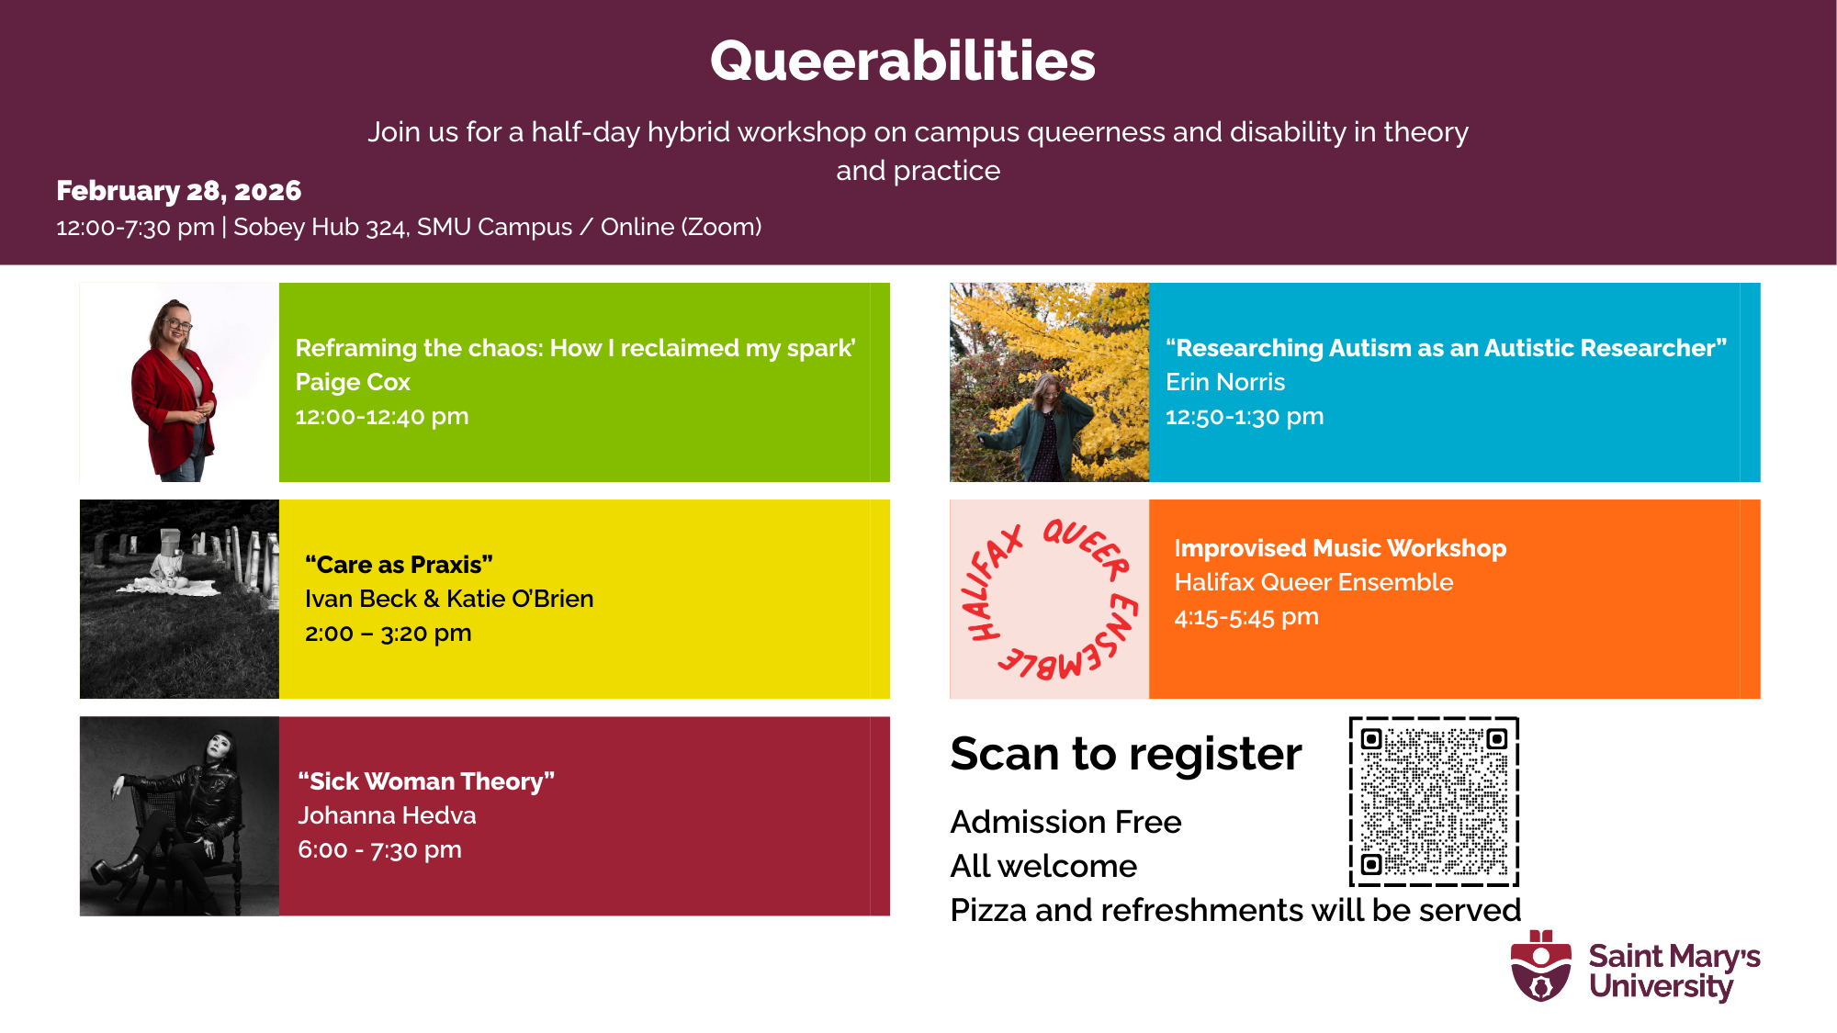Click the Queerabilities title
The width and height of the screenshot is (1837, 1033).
[903, 61]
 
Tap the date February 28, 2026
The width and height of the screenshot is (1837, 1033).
[179, 190]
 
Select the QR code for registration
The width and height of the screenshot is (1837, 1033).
[1434, 802]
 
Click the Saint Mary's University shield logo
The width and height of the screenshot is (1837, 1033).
[1541, 966]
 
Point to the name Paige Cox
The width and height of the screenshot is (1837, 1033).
[353, 382]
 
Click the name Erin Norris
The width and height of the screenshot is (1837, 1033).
[1225, 382]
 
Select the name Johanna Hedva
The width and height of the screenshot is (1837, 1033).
[387, 815]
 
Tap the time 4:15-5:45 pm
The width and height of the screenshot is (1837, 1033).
[1246, 617]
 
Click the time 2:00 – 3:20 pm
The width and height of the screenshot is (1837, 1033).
[389, 634]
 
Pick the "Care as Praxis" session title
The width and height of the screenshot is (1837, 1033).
[399, 565]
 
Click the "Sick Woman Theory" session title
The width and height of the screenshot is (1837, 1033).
[426, 781]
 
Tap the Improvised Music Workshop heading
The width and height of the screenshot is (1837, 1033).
[1340, 548]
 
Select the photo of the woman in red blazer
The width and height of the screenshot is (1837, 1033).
[179, 382]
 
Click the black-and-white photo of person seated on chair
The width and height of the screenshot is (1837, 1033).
[179, 816]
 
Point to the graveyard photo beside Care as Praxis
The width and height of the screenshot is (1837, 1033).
[179, 599]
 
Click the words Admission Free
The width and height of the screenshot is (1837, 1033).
[1065, 822]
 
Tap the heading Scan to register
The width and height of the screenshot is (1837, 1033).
[1126, 755]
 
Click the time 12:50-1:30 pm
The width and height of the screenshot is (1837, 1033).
[1245, 417]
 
